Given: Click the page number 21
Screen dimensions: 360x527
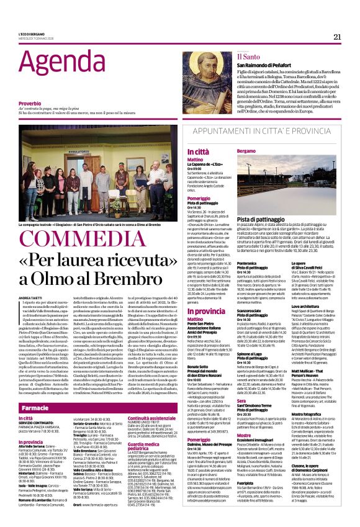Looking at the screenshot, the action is (x=337, y=36).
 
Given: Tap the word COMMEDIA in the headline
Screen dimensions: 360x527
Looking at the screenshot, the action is (x=73, y=240).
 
